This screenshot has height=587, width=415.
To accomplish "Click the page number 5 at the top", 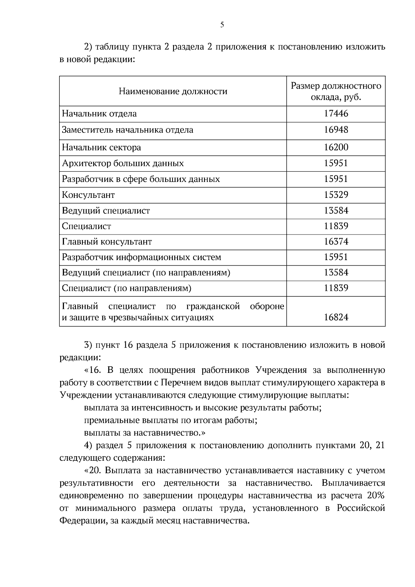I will pos(222,25).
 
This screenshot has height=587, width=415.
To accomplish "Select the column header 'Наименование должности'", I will pos(173,91).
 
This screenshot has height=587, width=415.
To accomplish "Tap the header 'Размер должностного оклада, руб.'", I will pos(336,91).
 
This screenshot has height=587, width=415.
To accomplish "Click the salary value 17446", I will pos(336,114).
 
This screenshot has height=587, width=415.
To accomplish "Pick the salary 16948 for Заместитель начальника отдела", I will pos(336,130).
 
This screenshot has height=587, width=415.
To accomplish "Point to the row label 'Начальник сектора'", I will pos(101,148).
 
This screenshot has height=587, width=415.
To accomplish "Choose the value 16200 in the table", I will pos(336,148).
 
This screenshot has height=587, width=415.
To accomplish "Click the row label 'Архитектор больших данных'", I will pos(123,163).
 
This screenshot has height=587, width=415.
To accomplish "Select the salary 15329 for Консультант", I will pos(336,195).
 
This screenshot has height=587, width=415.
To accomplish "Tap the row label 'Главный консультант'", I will pos(107,242).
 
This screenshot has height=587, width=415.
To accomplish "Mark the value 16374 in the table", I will pos(336,242).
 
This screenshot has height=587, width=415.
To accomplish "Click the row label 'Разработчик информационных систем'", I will pos(141,257).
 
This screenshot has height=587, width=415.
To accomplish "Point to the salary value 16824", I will pos(336,317).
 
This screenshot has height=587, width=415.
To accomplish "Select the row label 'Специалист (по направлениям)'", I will pos(127,288).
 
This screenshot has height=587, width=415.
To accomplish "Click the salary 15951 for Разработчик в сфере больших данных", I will pos(336,179).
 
